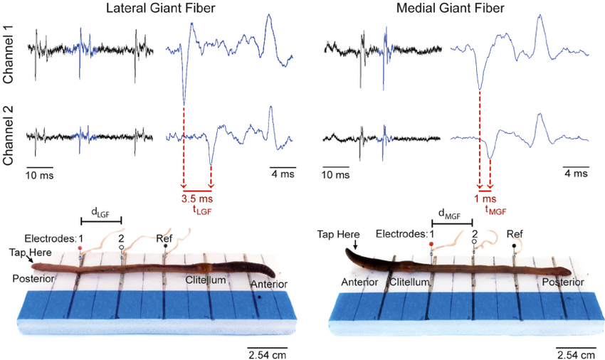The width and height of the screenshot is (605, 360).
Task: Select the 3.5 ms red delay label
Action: point(197,198)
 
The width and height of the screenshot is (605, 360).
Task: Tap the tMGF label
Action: point(495,210)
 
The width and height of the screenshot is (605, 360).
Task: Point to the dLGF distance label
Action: point(100,210)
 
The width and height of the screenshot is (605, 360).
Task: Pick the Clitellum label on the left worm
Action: point(206,280)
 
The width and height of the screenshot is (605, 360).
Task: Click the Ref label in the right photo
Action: point(515,233)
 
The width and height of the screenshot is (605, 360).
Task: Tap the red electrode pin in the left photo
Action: point(80,248)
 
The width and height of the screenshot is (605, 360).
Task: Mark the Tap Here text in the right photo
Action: point(337,233)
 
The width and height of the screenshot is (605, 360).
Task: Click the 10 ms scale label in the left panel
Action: point(39,174)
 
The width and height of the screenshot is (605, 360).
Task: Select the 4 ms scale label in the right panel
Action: point(577,174)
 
